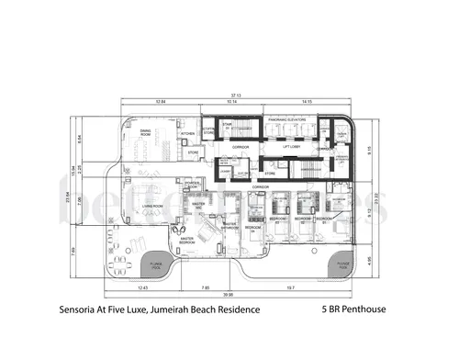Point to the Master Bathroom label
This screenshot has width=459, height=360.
(x=229, y=224)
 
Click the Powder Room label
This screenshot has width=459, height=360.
(x=192, y=185)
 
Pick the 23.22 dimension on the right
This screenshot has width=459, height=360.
(x=378, y=197)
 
